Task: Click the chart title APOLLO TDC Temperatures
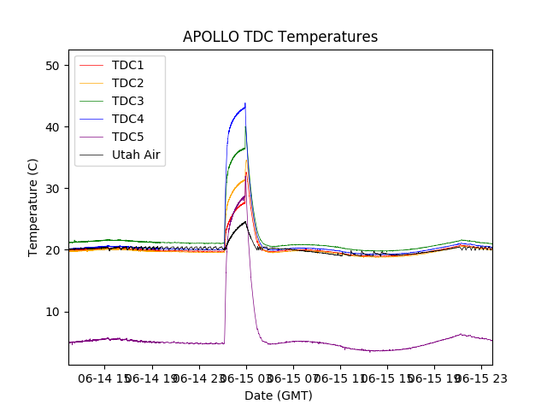[x=280, y=37]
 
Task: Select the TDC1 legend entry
[x=128, y=65]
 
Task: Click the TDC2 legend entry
[x=128, y=83]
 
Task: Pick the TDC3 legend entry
[x=128, y=101]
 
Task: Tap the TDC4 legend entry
[x=128, y=119]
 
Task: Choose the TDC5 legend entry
[x=128, y=137]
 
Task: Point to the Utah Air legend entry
[x=136, y=155]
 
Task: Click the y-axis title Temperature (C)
[x=33, y=207]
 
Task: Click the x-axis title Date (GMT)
[x=279, y=395]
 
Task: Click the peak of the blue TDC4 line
[x=245, y=104]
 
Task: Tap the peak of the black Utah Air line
[x=245, y=221]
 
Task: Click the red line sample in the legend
[x=92, y=65]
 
